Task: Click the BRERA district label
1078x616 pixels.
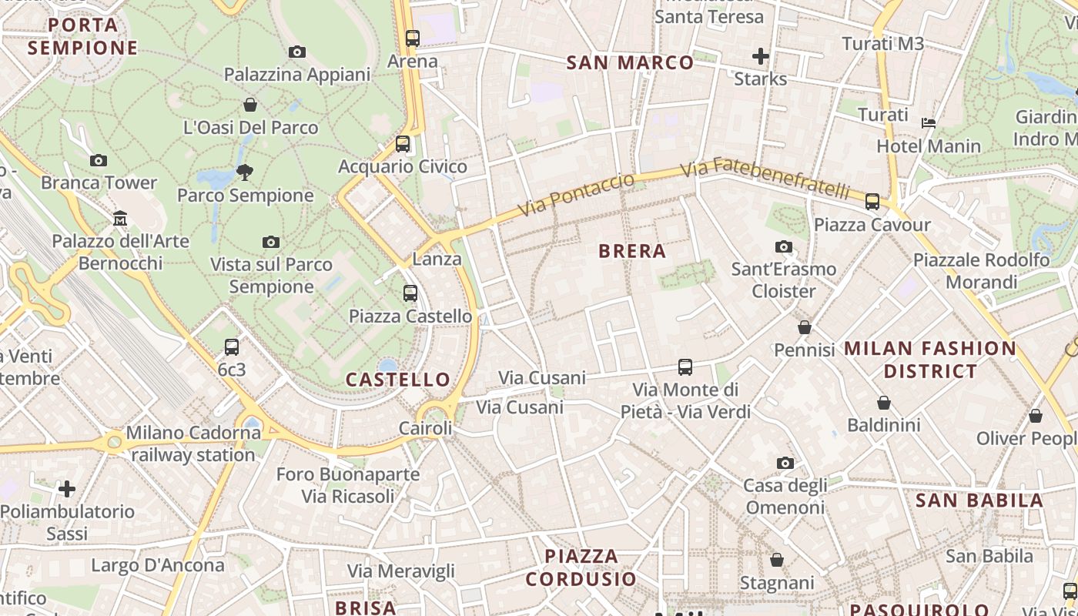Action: pyautogui.click(x=631, y=251)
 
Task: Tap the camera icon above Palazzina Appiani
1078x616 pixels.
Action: pyautogui.click(x=296, y=52)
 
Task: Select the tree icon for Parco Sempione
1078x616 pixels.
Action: pyautogui.click(x=245, y=172)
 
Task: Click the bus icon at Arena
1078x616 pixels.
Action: pyautogui.click(x=413, y=38)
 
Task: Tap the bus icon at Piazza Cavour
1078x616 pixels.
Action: pyautogui.click(x=872, y=202)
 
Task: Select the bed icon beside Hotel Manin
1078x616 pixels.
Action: pyautogui.click(x=929, y=122)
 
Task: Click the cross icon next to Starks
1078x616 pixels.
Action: pyautogui.click(x=761, y=55)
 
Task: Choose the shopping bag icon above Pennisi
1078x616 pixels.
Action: pyautogui.click(x=805, y=327)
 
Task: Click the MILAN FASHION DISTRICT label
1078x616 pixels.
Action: pyautogui.click(x=930, y=360)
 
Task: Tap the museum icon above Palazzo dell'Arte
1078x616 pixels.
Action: pyautogui.click(x=120, y=219)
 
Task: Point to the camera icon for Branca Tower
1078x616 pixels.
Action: pyautogui.click(x=99, y=160)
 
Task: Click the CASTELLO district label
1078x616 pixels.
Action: pyautogui.click(x=397, y=380)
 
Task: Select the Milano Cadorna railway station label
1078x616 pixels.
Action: pyautogui.click(x=193, y=444)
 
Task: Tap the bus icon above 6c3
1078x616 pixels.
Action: pyautogui.click(x=232, y=347)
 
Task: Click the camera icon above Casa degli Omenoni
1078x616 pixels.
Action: pyautogui.click(x=785, y=463)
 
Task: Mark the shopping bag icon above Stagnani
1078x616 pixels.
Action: pyautogui.click(x=777, y=560)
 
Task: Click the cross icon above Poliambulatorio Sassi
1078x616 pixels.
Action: pyautogui.click(x=67, y=488)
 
